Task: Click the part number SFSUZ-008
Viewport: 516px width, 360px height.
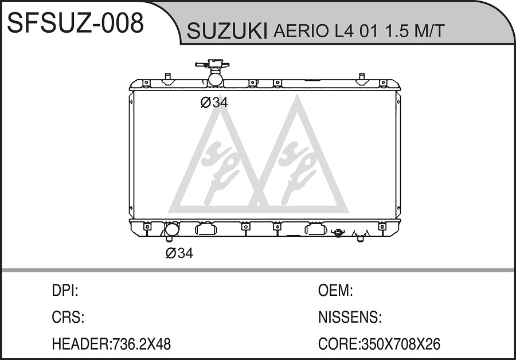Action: coord(75,22)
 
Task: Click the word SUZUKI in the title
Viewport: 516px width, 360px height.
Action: coord(227,32)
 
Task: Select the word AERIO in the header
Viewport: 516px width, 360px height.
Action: coord(301,31)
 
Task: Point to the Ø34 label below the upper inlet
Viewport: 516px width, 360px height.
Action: coord(214,103)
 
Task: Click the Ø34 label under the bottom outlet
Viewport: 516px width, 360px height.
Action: coord(179,253)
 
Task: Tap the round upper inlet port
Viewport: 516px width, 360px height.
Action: coord(216,80)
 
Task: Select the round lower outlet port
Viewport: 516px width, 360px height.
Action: coord(171,229)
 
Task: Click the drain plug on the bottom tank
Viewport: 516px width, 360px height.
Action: coord(337,233)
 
